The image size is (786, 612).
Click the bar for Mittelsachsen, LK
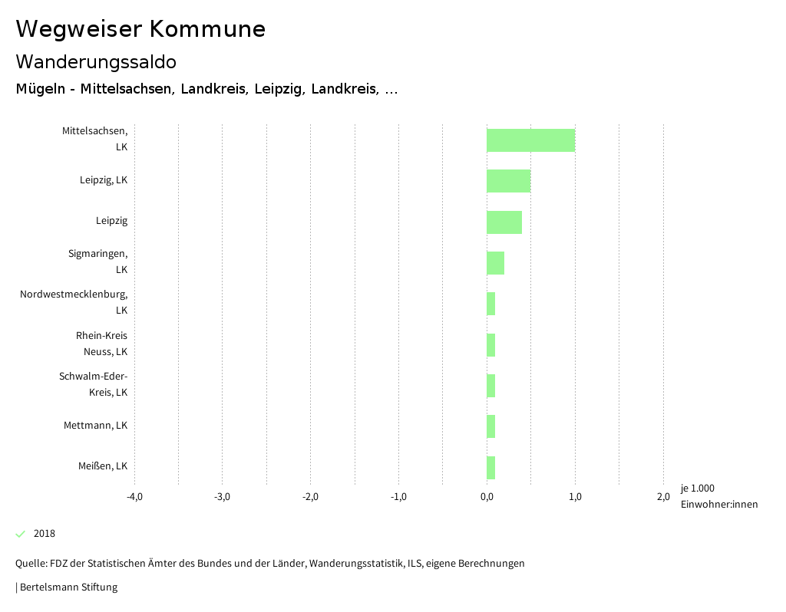[530, 140]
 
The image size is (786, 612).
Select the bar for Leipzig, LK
[508, 181]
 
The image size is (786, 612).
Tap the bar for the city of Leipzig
[504, 222]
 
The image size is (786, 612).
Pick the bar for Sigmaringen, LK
[495, 263]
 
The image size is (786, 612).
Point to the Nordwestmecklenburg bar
[490, 304]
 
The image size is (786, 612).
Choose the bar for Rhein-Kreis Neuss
[490, 345]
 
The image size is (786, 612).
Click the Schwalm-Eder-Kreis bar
[490, 386]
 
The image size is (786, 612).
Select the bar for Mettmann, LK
[490, 426]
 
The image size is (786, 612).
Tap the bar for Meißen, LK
[490, 467]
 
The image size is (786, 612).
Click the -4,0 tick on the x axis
[134, 496]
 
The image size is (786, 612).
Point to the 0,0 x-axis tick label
[487, 496]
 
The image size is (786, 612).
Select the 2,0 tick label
[663, 496]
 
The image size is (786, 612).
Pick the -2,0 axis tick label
[310, 496]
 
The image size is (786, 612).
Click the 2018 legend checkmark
[21, 534]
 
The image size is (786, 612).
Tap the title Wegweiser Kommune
[140, 29]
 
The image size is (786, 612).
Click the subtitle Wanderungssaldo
[96, 61]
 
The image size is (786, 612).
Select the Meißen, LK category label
[103, 466]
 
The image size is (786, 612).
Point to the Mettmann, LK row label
[95, 426]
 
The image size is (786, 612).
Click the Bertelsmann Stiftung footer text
[68, 587]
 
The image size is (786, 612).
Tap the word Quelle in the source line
[30, 564]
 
